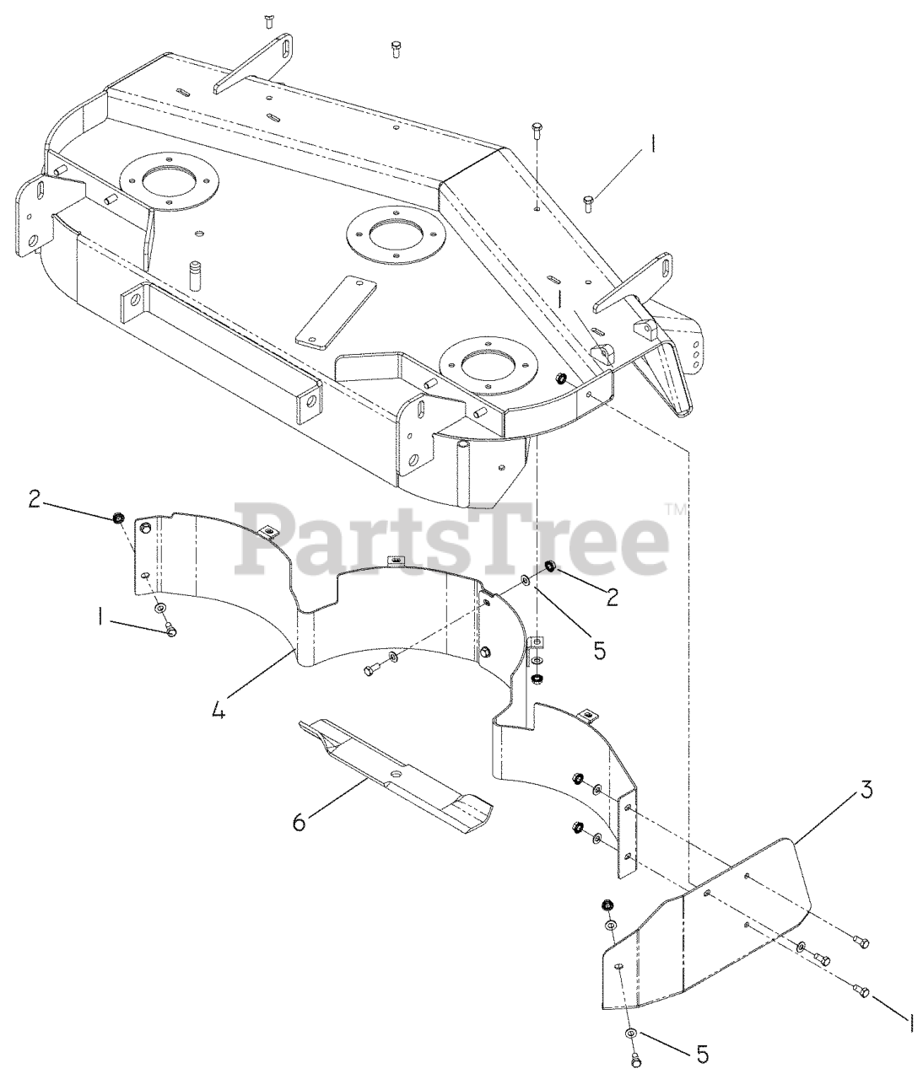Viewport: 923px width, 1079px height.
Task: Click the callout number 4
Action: point(218,711)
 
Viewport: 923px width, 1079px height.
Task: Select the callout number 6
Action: point(300,820)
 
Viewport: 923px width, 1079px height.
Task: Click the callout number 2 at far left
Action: point(34,498)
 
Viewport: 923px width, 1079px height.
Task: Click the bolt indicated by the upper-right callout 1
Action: point(589,201)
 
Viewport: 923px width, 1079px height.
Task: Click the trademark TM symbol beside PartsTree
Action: point(677,508)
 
